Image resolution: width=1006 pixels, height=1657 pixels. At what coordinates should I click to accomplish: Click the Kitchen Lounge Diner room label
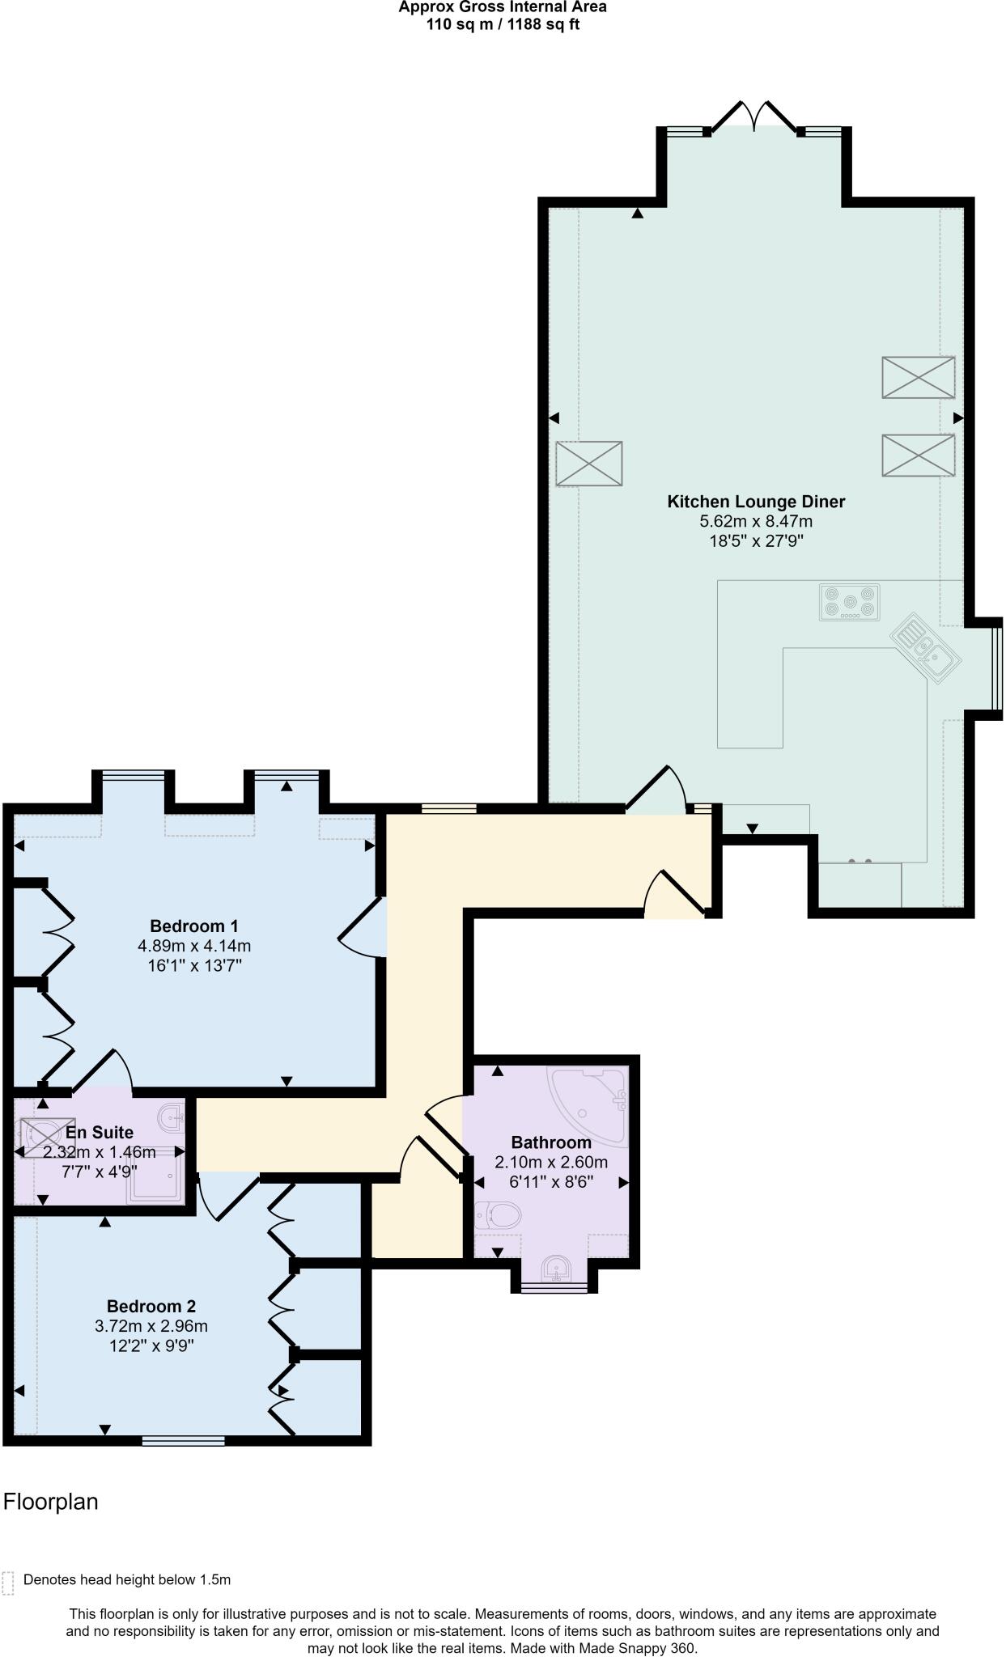(x=755, y=502)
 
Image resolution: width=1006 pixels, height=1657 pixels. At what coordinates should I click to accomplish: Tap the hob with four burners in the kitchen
(x=849, y=602)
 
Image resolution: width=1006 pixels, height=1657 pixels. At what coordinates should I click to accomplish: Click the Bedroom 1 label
(x=194, y=926)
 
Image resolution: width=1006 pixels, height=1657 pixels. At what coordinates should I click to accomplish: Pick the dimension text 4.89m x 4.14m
(x=194, y=945)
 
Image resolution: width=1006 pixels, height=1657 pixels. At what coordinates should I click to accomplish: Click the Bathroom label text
(x=551, y=1142)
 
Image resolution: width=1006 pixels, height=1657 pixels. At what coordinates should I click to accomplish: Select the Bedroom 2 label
(x=151, y=1306)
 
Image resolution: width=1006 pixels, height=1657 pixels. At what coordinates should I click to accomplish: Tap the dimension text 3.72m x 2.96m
(x=151, y=1326)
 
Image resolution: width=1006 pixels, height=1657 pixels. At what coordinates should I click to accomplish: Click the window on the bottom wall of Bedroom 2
(x=183, y=1440)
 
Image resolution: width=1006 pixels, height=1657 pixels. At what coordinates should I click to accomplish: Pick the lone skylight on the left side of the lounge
(x=589, y=463)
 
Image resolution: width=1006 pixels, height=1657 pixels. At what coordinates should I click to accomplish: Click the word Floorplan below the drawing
(x=51, y=1502)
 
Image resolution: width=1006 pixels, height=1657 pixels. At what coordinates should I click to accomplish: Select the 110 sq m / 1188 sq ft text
(x=503, y=24)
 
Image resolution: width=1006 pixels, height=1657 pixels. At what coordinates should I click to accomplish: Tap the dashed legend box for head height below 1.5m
(x=8, y=1583)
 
